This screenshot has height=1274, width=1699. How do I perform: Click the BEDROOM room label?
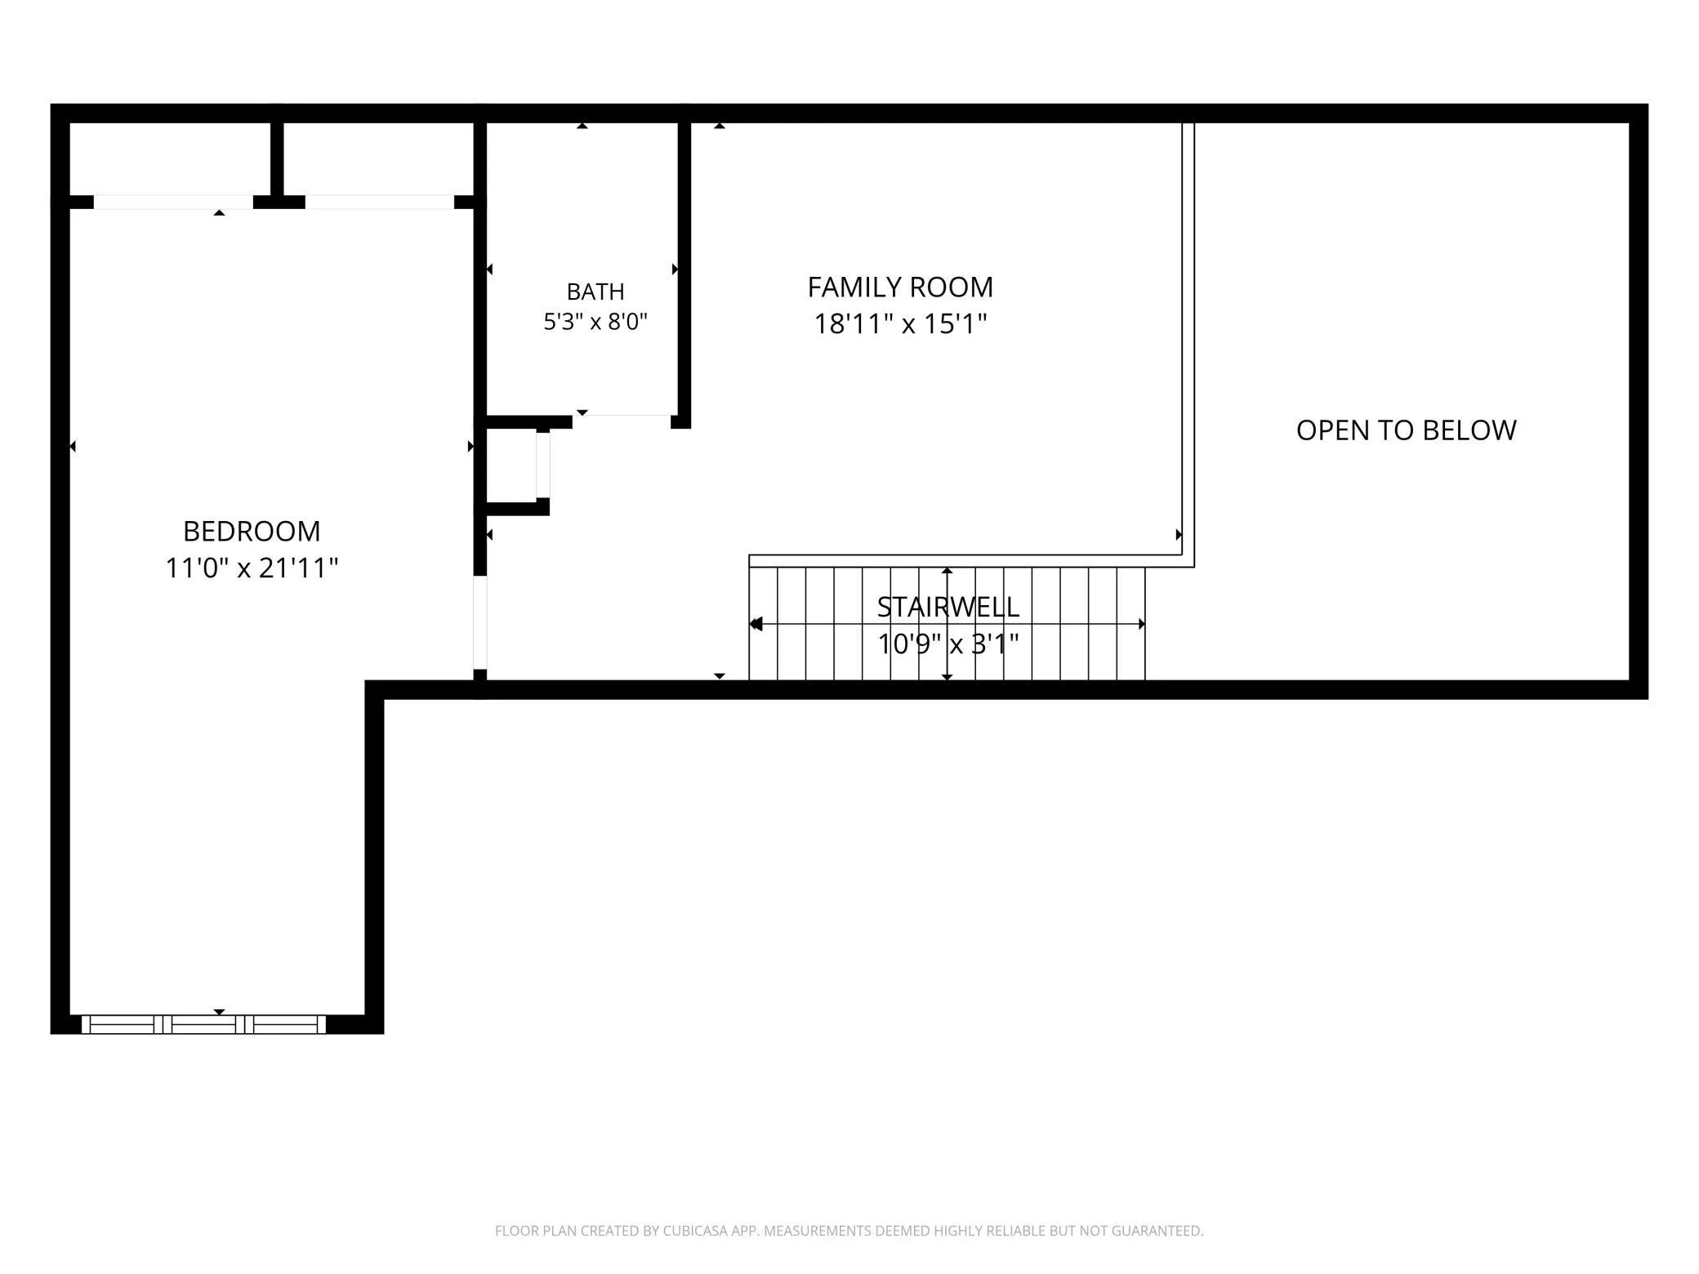point(252,532)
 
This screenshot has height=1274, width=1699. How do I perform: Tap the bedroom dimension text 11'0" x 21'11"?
point(252,568)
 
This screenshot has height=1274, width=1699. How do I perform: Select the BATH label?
point(595,292)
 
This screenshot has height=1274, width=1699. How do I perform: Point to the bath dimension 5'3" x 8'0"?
point(595,322)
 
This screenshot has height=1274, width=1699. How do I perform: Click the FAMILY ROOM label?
point(900,287)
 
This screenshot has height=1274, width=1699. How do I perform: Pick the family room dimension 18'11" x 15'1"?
point(900,324)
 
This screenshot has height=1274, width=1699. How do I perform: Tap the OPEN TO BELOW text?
point(1406,430)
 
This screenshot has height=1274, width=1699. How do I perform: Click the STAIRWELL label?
point(948,607)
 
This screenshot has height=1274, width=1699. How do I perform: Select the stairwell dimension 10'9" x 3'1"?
point(948,644)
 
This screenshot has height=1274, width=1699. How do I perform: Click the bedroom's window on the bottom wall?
point(203,1024)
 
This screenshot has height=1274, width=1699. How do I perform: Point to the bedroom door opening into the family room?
point(480,623)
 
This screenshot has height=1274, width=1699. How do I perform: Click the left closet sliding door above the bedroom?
point(173,202)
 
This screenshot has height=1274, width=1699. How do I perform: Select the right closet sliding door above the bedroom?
point(379,202)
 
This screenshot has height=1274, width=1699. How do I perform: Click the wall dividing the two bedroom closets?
point(277,159)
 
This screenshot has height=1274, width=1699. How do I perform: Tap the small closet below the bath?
point(515,465)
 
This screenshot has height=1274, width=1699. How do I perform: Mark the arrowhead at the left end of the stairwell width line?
point(756,624)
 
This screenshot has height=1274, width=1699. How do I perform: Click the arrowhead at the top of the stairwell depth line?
point(948,572)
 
